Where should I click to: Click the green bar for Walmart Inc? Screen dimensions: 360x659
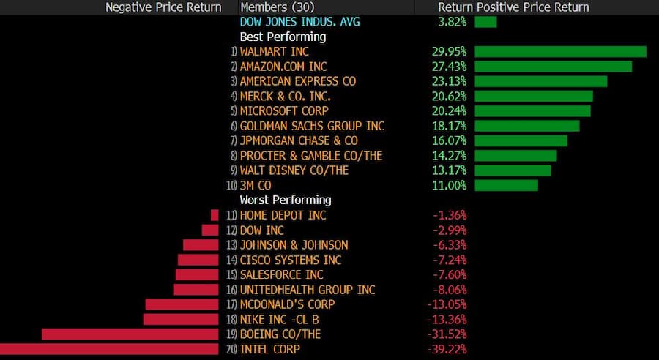pos(560,51)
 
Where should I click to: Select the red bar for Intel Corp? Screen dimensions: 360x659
pos(109,349)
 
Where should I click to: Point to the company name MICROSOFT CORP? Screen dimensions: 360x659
pos(284,111)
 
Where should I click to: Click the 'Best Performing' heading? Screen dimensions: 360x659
pos(283,37)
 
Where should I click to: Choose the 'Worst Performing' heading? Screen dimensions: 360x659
pos(286,200)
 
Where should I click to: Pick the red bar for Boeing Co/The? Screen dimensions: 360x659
pos(130,334)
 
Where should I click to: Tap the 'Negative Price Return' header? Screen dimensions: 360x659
pos(163,7)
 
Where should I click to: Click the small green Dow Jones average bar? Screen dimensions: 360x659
pos(485,22)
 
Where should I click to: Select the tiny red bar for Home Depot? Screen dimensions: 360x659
pos(215,215)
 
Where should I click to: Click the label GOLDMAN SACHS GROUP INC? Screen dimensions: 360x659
pos(312,126)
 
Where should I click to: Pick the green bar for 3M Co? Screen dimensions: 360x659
pos(506,185)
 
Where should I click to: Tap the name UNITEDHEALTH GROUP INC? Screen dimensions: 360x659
pos(308,290)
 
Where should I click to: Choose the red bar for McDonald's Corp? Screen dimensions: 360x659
pos(182,304)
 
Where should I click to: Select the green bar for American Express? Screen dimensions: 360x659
pos(540,81)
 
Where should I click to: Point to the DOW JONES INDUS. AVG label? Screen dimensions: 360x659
pos(299,22)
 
